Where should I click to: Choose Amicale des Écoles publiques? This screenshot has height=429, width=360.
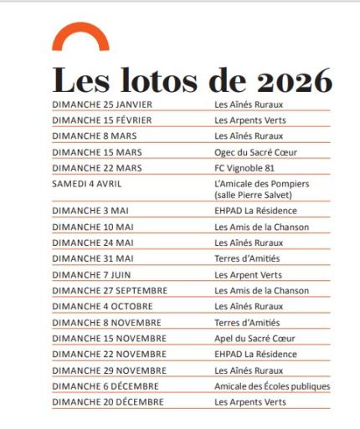(x=272, y=386)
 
